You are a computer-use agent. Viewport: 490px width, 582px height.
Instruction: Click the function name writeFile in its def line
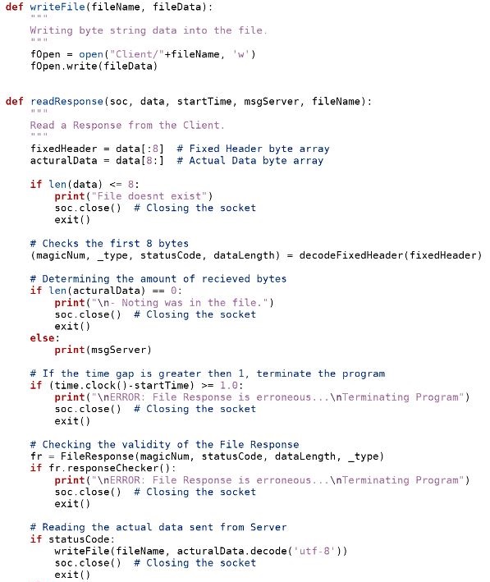[57, 7]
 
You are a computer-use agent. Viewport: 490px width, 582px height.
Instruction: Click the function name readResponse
[66, 101]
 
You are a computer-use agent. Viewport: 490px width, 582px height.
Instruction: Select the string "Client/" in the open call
[137, 54]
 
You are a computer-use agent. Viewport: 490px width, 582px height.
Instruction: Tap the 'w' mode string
[241, 54]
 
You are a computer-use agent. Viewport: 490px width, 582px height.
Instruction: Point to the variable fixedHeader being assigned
[63, 149]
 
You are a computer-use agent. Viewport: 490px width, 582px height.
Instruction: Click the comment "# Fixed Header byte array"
[253, 149]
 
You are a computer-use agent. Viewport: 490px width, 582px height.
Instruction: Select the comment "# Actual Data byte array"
[250, 161]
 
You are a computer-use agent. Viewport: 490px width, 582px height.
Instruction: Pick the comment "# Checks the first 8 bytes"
[109, 244]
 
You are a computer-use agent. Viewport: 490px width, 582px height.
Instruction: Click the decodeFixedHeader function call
[391, 255]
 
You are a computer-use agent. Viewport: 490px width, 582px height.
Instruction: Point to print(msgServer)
[103, 350]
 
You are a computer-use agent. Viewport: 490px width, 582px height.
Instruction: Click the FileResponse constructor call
[222, 456]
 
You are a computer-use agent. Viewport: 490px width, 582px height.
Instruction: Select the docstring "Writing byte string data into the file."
[149, 30]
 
